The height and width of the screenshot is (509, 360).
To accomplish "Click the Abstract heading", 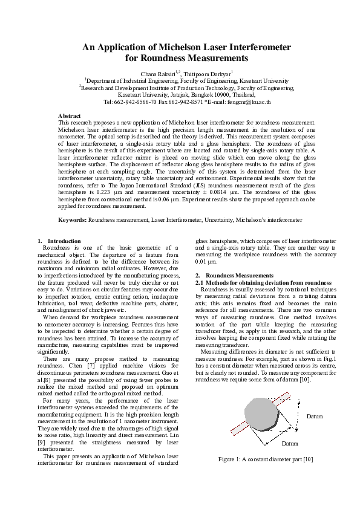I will point(69,115).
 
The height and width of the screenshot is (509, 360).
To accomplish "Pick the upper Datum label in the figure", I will point(314,417).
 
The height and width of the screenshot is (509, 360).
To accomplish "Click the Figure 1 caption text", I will point(266,459).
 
